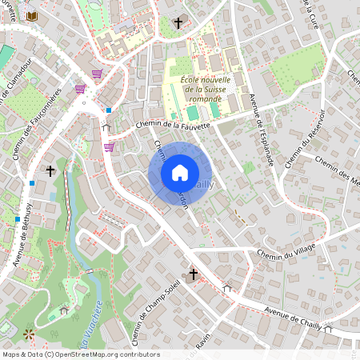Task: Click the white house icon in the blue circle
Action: click(x=180, y=173)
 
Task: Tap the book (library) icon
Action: click(x=32, y=16)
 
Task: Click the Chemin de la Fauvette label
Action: click(x=173, y=126)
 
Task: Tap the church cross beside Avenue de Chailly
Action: click(x=193, y=274)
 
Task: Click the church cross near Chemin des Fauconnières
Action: click(x=50, y=170)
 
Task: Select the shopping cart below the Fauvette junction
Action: click(x=109, y=147)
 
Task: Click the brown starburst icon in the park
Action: click(x=30, y=333)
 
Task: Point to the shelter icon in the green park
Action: click(x=64, y=310)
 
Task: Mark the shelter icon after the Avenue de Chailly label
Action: click(x=328, y=329)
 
